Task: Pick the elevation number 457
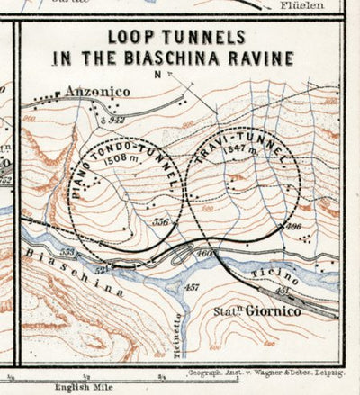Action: [191, 288]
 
